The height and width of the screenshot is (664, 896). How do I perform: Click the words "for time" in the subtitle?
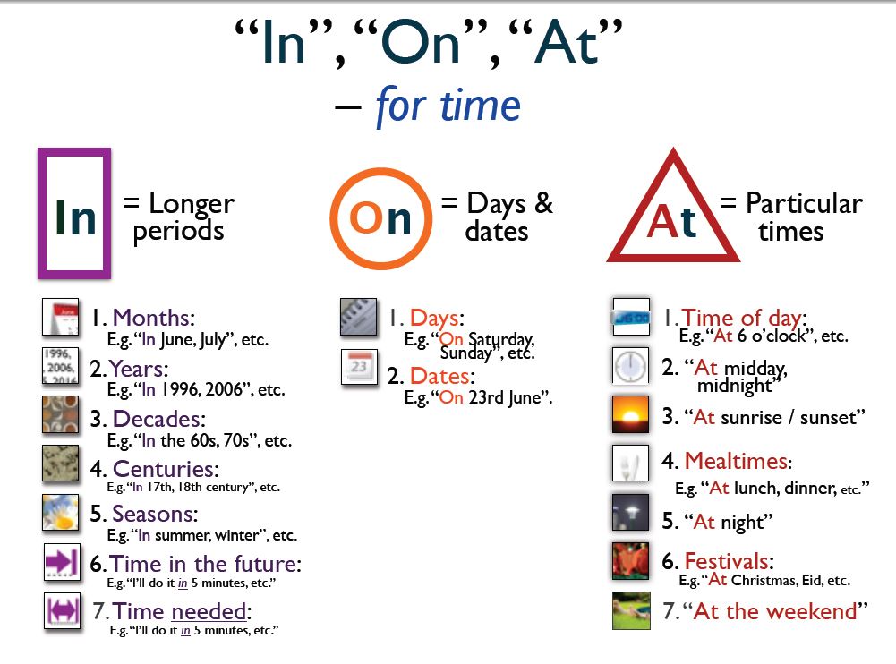(x=448, y=106)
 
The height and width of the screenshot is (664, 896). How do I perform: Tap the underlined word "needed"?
(x=209, y=611)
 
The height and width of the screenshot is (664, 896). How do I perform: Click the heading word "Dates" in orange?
(x=439, y=376)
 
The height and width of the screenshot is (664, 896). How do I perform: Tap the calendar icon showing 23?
(x=360, y=367)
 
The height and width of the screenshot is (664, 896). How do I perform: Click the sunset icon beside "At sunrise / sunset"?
(x=630, y=415)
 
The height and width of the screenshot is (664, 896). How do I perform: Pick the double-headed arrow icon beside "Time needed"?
(x=63, y=611)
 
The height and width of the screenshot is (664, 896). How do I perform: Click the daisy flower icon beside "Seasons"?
(x=61, y=513)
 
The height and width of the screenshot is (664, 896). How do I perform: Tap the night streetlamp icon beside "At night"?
(x=630, y=513)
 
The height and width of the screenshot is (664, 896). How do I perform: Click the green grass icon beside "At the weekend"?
(x=631, y=611)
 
